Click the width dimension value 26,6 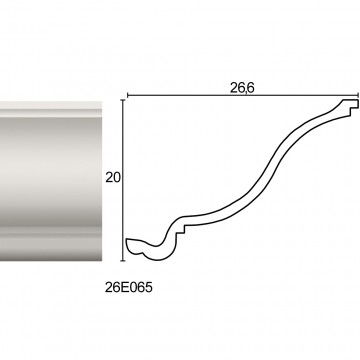[x=242, y=88]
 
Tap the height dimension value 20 [x=113, y=178]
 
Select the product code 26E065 [x=128, y=287]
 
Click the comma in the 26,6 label [x=246, y=92]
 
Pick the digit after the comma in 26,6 [x=251, y=88]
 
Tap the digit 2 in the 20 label [x=109, y=178]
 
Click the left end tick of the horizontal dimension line [x=128, y=96]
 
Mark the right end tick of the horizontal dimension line [x=358, y=95]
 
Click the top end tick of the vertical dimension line [x=123, y=100]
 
